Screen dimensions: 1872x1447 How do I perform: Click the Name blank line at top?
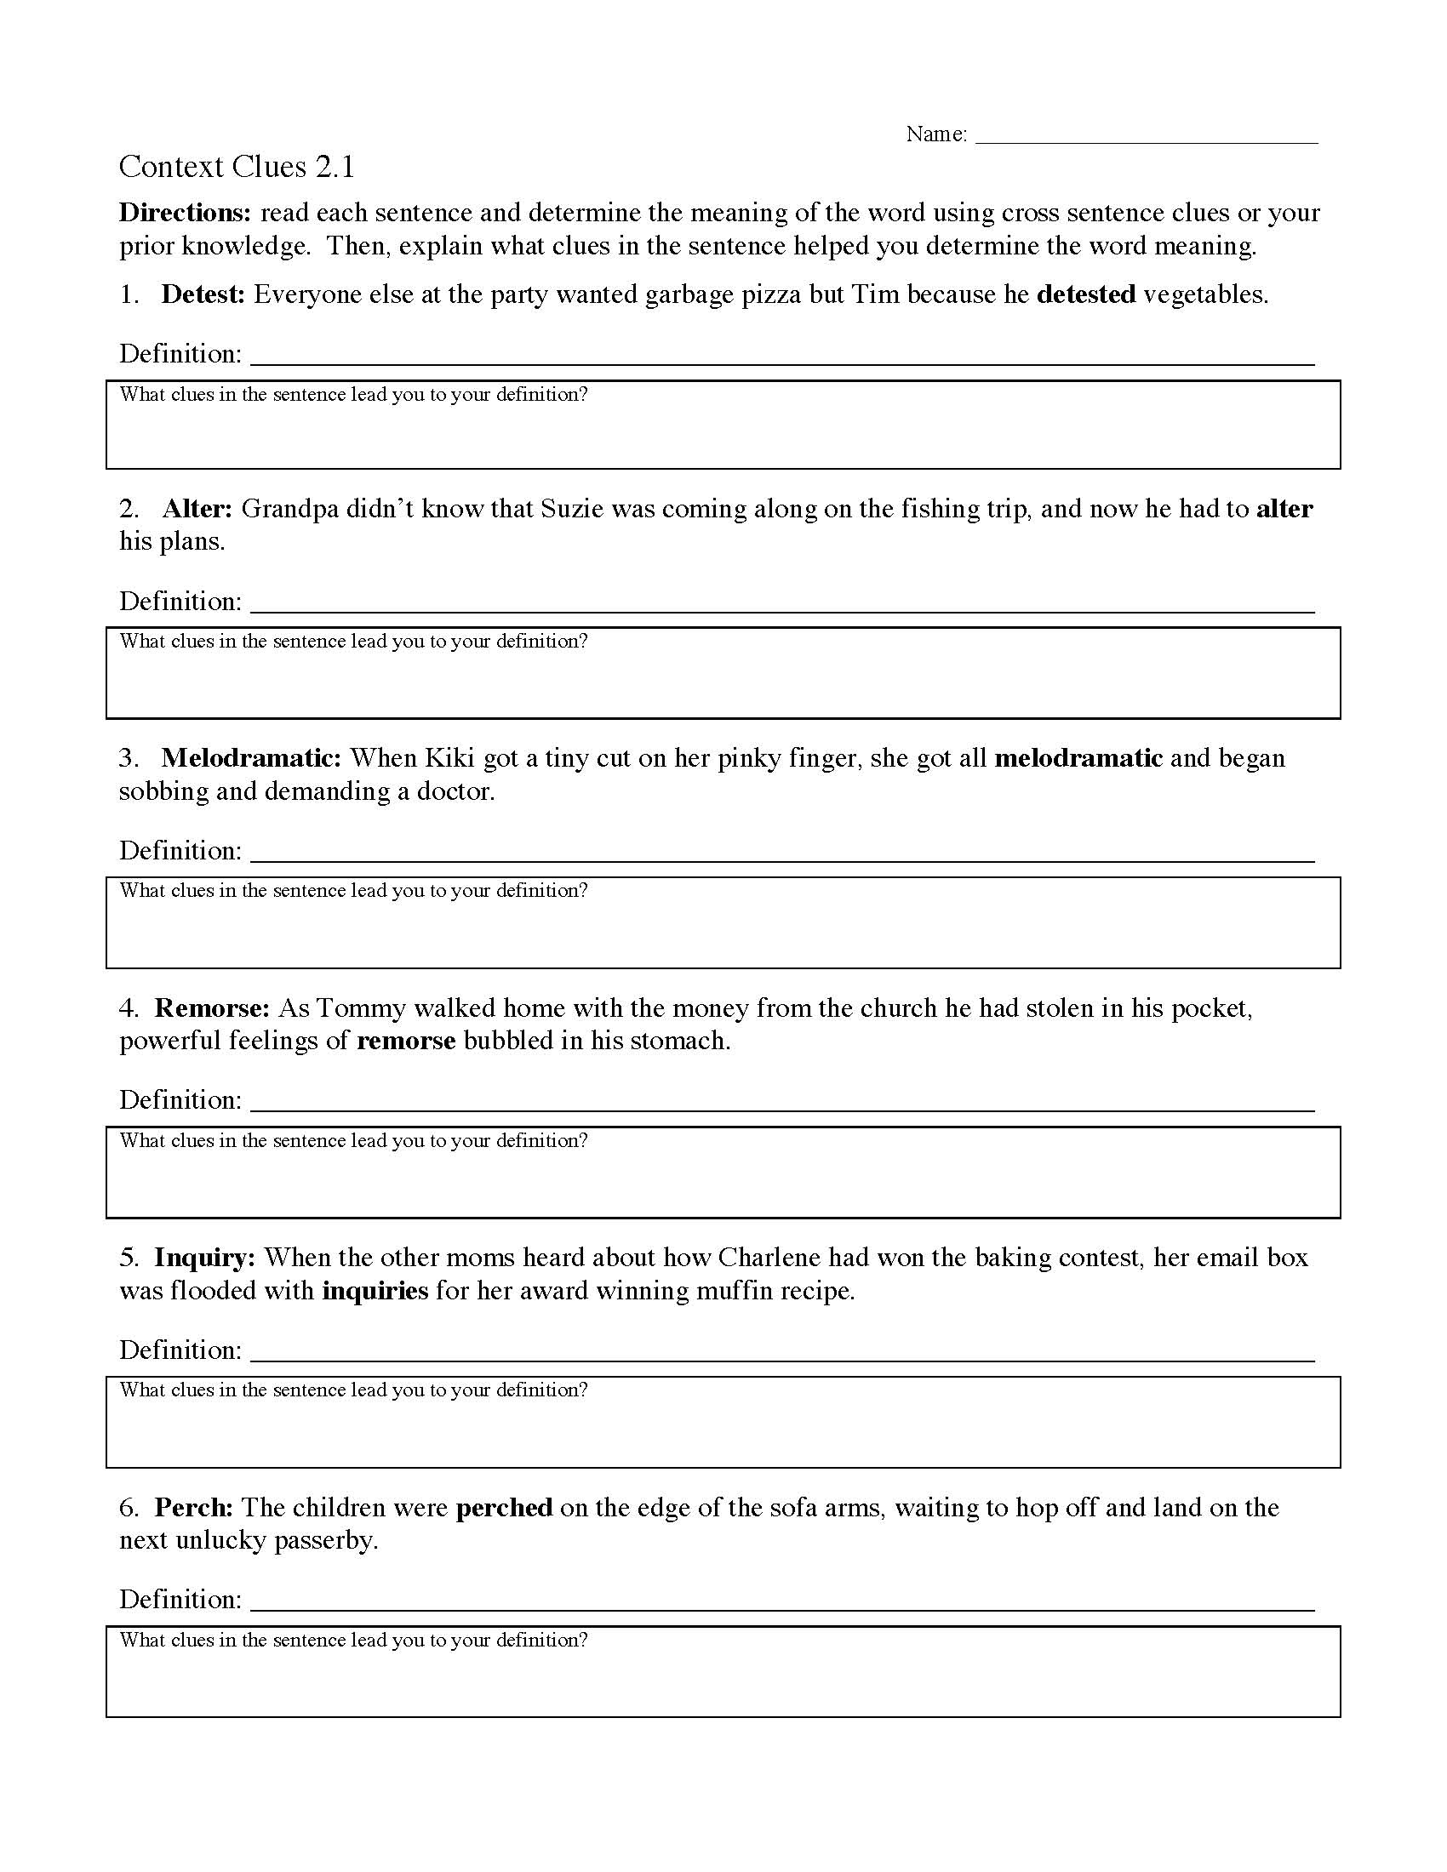click(x=1147, y=137)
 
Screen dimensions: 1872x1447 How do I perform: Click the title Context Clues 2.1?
click(x=237, y=167)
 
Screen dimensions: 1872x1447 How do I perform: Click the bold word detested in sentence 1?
click(x=1085, y=295)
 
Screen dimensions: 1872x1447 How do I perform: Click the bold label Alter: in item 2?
click(x=197, y=509)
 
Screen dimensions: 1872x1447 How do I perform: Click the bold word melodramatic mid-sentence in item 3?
click(x=1078, y=758)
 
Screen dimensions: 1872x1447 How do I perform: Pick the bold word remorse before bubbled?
click(x=405, y=1042)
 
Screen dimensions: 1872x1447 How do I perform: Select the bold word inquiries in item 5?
click(x=375, y=1291)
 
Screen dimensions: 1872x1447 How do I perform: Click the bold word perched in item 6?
click(x=503, y=1508)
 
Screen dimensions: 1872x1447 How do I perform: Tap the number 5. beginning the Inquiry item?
click(x=129, y=1258)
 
